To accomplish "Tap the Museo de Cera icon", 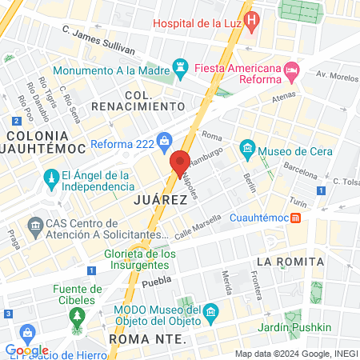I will click(247, 148).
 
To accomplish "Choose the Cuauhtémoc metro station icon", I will click(296, 217).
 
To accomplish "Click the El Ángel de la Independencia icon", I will click(50, 176).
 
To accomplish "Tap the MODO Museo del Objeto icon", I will click(210, 310).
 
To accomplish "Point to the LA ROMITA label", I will click(290, 262).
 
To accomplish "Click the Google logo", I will click(26, 350).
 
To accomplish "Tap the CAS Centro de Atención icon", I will click(35, 227).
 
